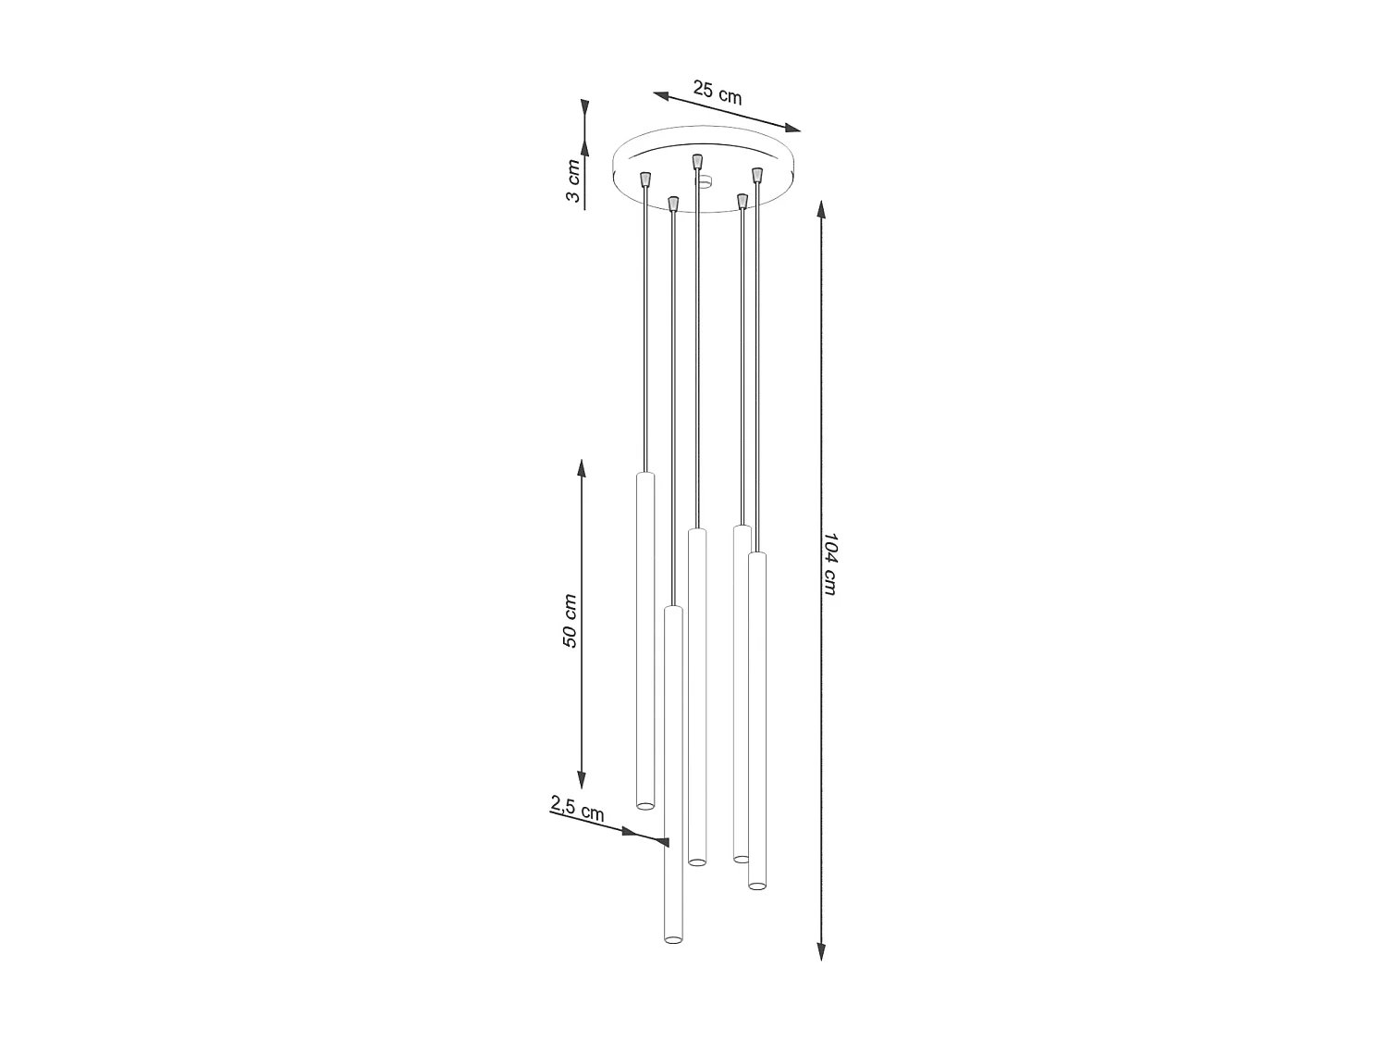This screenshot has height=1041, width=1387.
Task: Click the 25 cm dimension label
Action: pyautogui.click(x=718, y=93)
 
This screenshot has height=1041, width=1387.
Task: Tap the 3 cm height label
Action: pyautogui.click(x=573, y=182)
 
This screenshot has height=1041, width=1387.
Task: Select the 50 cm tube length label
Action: pyautogui.click(x=570, y=621)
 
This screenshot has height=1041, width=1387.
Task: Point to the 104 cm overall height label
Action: pyautogui.click(x=829, y=564)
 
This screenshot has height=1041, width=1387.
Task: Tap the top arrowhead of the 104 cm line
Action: pyautogui.click(x=821, y=211)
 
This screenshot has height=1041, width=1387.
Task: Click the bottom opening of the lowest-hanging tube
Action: pyautogui.click(x=673, y=939)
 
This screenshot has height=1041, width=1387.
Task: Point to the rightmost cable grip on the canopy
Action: pyautogui.click(x=756, y=174)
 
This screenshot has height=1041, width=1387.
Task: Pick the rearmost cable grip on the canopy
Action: pyautogui.click(x=697, y=161)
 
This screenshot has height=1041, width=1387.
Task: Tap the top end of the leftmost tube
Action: pyautogui.click(x=644, y=475)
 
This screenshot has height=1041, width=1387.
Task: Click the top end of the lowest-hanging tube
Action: pyautogui.click(x=673, y=609)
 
